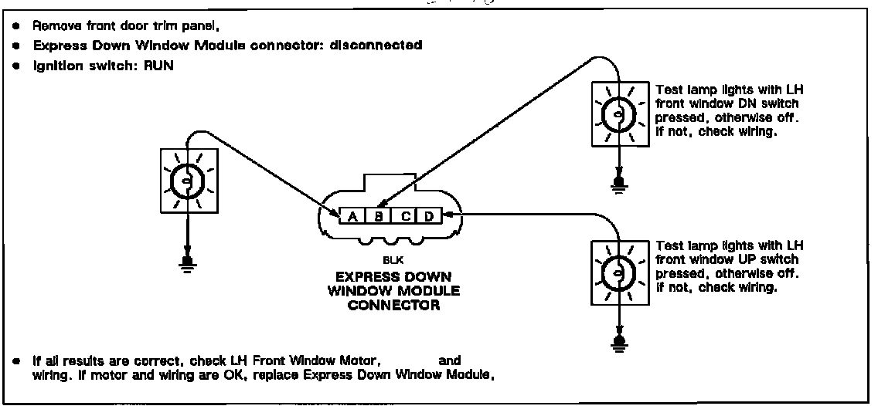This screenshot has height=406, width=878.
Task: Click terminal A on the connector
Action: click(x=352, y=216)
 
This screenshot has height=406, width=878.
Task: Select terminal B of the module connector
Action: click(x=379, y=216)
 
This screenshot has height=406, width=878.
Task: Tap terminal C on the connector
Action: click(x=405, y=216)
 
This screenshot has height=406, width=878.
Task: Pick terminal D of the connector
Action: click(x=429, y=216)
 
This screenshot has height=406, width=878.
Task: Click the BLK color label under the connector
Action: click(x=393, y=260)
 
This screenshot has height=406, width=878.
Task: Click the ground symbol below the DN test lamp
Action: click(x=618, y=183)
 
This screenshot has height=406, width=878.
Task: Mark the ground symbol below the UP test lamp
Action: click(x=618, y=341)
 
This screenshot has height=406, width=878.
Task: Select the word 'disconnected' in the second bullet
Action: click(x=376, y=46)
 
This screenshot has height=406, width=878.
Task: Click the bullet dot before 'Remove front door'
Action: click(x=15, y=25)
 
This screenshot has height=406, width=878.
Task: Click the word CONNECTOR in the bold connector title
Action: click(x=393, y=305)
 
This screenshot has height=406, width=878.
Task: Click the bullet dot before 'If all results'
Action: click(x=15, y=360)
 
